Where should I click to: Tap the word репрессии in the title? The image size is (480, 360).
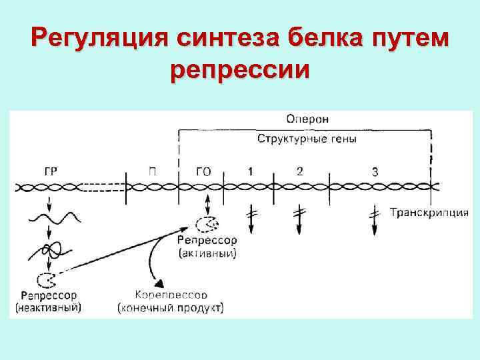click(240, 68)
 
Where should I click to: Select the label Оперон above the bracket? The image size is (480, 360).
click(307, 119)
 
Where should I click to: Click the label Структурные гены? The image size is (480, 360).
click(307, 139)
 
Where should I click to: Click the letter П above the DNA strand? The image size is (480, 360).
click(153, 172)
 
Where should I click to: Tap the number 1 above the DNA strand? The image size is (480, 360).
click(250, 171)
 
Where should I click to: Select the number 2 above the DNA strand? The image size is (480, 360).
click(299, 171)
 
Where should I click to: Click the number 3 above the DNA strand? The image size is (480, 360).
click(375, 172)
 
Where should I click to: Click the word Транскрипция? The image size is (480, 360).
click(429, 213)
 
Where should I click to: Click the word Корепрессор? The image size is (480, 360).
click(171, 294)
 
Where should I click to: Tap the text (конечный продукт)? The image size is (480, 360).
click(171, 308)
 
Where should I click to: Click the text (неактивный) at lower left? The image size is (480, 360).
click(49, 307)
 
